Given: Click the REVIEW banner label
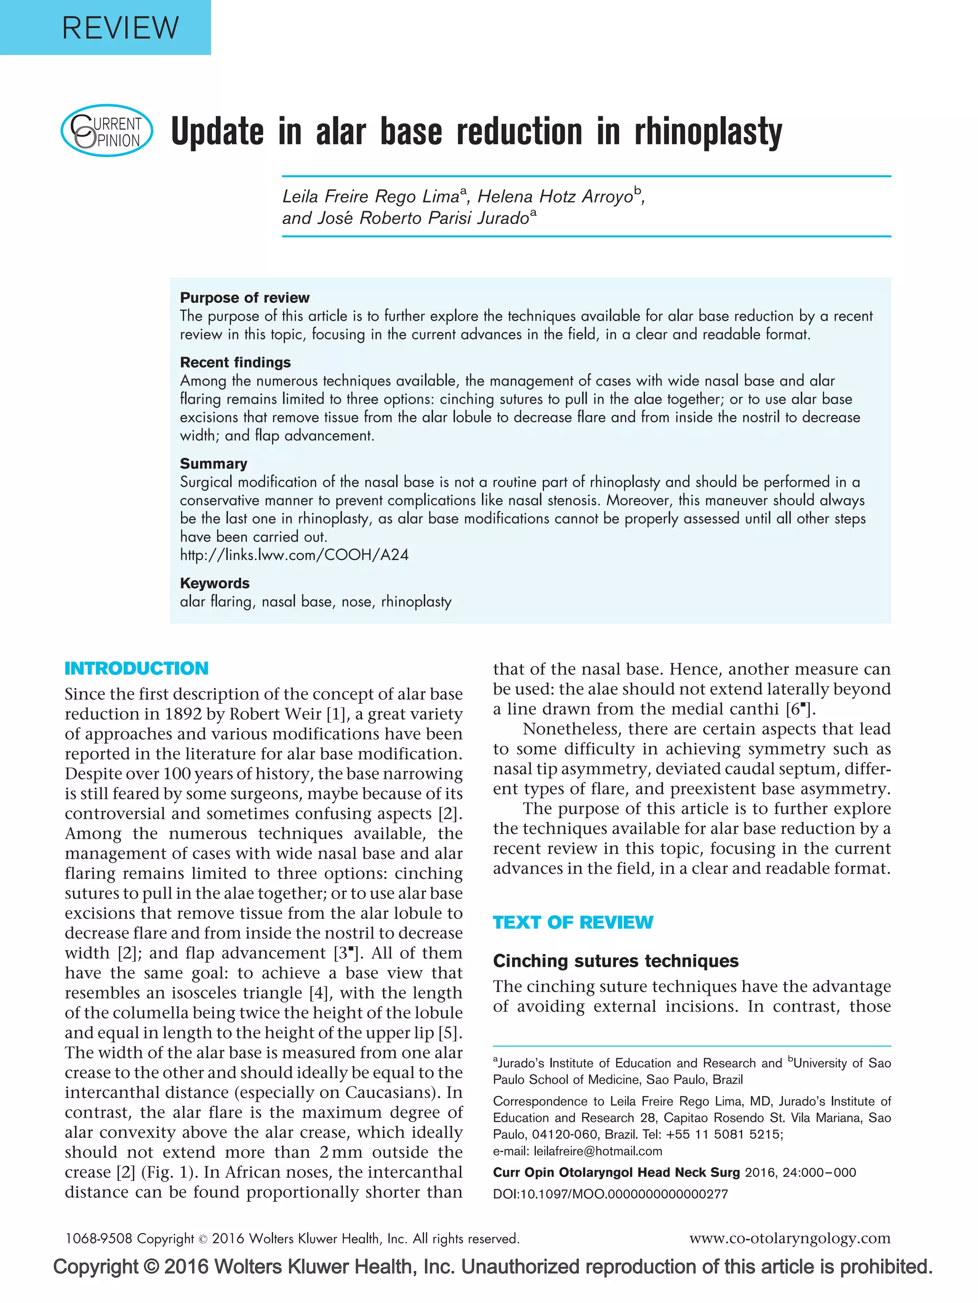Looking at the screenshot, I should point(120,28).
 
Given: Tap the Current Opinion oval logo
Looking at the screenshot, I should point(106,130).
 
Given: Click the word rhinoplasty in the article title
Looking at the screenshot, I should point(708,132).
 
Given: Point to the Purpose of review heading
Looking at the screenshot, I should point(244,298).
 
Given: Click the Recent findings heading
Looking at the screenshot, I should point(235,362).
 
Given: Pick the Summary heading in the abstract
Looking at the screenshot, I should point(213,464).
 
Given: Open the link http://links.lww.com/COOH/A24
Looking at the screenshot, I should point(294,555).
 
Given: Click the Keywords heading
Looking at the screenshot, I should point(214,583).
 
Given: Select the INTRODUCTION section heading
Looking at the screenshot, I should point(136,668).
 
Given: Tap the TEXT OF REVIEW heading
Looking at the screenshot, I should point(572,922).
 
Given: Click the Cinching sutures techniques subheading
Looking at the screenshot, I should point(615,961).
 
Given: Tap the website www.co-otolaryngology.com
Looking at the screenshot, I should point(789,1238).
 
